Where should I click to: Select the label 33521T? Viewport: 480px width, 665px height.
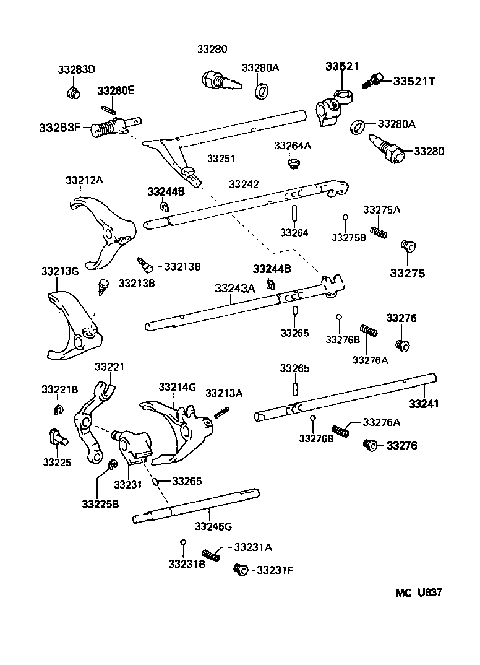[415, 80]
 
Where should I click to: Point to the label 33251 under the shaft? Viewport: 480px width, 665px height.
[221, 159]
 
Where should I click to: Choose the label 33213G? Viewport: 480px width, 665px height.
[60, 272]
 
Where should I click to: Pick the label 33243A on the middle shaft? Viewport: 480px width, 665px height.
[235, 289]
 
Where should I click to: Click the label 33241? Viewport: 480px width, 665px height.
[424, 404]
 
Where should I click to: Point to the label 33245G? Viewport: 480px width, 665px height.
[213, 526]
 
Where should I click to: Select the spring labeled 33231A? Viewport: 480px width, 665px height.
[210, 555]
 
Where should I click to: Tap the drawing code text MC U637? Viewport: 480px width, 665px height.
[419, 593]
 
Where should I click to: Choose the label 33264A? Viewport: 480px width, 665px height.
[293, 146]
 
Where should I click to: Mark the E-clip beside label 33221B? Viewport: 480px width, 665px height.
[57, 409]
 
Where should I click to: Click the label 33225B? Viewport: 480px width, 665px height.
[100, 504]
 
